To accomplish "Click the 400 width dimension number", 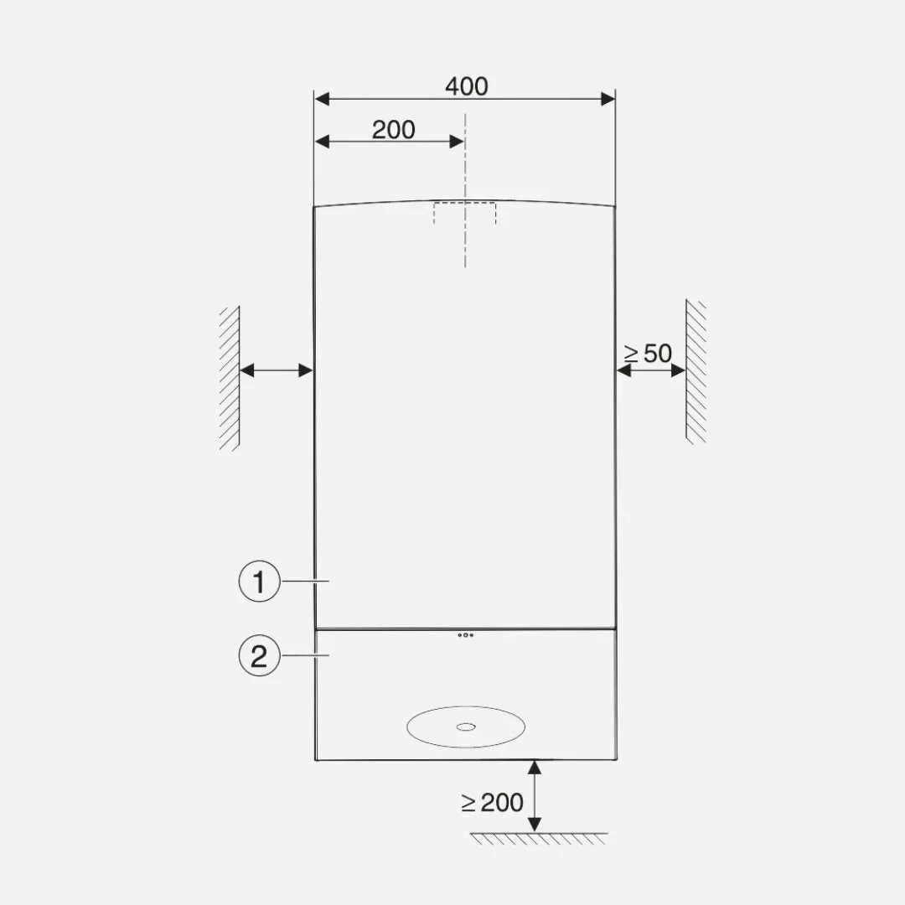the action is [x=467, y=86].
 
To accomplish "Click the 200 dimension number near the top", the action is [x=393, y=130].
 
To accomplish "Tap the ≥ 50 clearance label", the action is [x=648, y=354].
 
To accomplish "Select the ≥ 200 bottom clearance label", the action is [x=493, y=802].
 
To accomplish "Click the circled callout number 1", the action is [x=259, y=582].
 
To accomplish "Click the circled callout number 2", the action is [x=259, y=655].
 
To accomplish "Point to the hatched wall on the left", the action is [x=230, y=378].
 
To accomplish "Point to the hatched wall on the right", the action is [x=696, y=372].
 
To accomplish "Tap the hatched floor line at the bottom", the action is [x=539, y=839].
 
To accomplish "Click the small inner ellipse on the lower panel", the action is [x=466, y=727].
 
